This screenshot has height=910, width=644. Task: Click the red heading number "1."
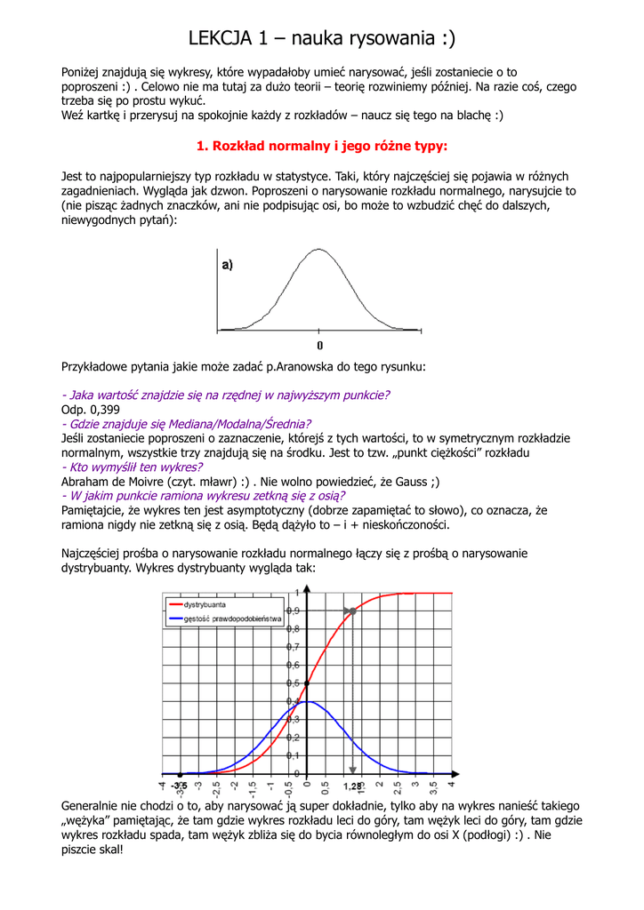click(x=202, y=146)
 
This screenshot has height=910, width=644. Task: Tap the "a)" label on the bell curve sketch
click(x=227, y=265)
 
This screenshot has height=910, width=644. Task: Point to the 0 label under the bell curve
click(x=320, y=345)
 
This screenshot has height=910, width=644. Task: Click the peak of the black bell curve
click(x=319, y=250)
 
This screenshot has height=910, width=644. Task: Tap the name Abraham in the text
click(x=88, y=482)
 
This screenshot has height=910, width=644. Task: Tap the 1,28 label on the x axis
click(x=352, y=786)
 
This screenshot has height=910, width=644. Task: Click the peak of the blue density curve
click(x=305, y=702)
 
